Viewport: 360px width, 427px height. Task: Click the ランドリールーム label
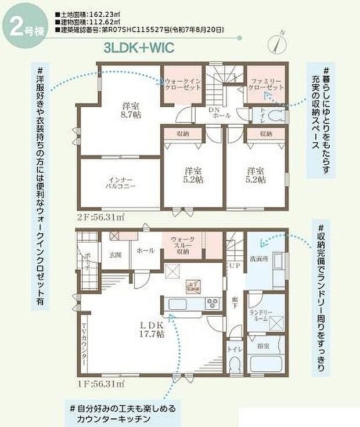pos(259,316)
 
